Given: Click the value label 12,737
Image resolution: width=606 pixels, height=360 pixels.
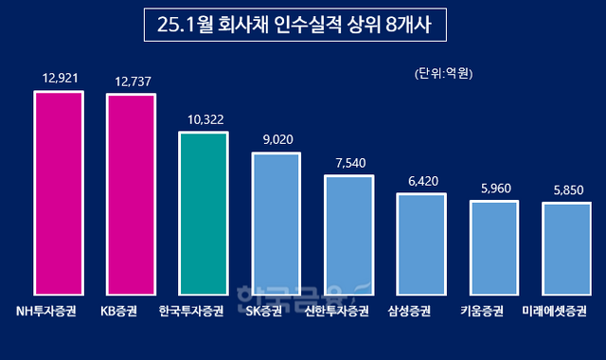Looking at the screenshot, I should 131,79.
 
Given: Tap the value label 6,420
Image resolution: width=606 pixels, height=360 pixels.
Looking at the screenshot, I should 421,178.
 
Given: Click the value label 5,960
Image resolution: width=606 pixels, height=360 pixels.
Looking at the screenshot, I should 494,186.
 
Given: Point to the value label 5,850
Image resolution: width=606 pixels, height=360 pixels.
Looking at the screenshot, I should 566,188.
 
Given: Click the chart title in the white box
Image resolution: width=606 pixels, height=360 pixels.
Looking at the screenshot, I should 301,26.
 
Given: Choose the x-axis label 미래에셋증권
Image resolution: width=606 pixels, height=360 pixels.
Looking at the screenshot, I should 566,310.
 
